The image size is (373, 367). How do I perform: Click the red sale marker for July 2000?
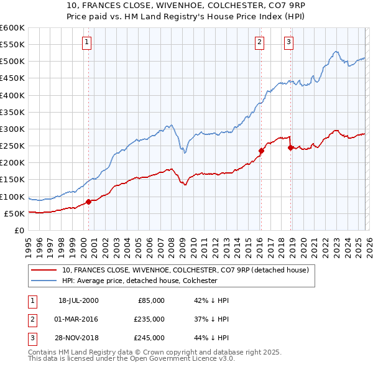[88, 202]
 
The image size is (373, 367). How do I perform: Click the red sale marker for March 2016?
[261, 151]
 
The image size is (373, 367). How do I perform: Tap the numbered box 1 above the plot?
[86, 42]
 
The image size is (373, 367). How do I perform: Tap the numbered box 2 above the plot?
[259, 42]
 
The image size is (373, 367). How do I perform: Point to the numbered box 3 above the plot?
[289, 42]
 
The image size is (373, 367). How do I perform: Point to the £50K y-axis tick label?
[14, 213]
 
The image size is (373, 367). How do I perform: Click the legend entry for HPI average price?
[139, 281]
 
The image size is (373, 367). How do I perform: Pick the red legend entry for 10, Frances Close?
[189, 270]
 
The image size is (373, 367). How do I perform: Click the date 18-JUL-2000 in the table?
[78, 300]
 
